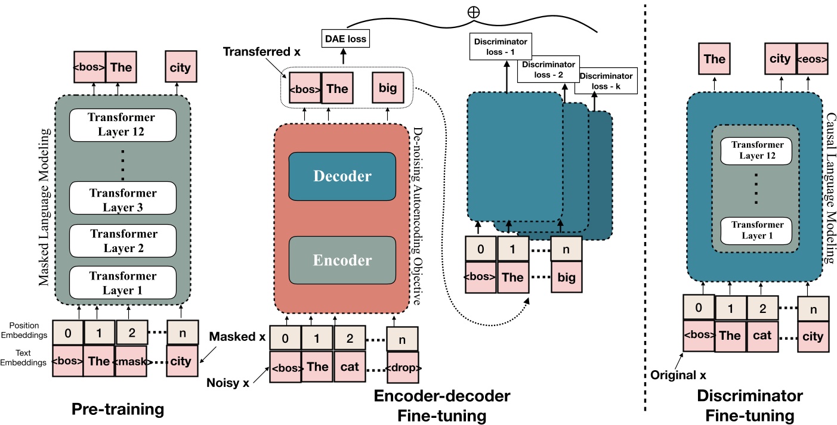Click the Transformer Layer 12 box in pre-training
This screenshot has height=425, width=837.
pyautogui.click(x=122, y=125)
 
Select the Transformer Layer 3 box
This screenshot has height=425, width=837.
pyautogui.click(x=122, y=200)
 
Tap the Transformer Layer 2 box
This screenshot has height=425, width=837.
pyautogui.click(x=122, y=241)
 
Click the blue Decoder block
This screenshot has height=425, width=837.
pyautogui.click(x=342, y=176)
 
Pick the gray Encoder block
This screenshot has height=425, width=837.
pyautogui.click(x=342, y=260)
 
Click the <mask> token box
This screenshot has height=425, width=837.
pyautogui.click(x=131, y=361)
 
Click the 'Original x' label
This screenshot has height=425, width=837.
pyautogui.click(x=676, y=376)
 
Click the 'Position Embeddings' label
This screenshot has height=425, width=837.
pyautogui.click(x=26, y=329)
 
